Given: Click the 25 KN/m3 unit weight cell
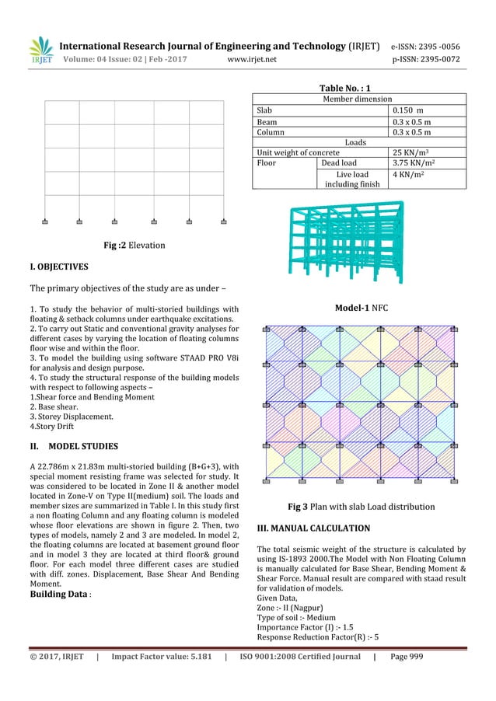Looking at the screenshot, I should point(413,153).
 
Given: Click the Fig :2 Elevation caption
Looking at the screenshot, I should point(134,246).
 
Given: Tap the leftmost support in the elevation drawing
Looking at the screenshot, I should point(45,221).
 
